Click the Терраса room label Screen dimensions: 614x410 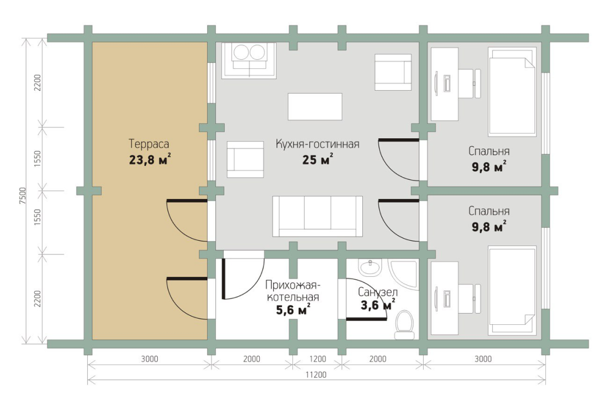(x=149, y=144)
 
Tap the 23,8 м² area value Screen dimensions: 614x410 (x=150, y=160)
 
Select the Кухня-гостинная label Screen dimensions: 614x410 (x=318, y=144)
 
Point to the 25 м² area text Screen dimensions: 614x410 (x=318, y=160)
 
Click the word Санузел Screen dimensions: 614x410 (x=377, y=292)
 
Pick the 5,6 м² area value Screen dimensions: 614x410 (x=293, y=310)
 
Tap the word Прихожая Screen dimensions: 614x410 (x=291, y=285)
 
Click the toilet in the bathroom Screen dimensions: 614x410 (x=404, y=324)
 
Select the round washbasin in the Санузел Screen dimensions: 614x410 (x=370, y=267)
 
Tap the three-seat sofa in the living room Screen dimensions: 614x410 (x=317, y=217)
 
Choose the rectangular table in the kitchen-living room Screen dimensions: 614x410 (x=315, y=107)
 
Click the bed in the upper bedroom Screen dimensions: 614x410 (x=512, y=92)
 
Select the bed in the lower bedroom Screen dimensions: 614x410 (x=512, y=291)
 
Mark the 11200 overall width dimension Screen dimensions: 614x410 (x=316, y=374)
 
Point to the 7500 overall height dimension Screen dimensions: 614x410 (x=23, y=195)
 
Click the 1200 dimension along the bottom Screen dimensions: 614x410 (x=318, y=359)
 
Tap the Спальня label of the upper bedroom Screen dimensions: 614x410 (x=489, y=151)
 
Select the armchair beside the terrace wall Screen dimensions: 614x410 (x=245, y=159)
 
